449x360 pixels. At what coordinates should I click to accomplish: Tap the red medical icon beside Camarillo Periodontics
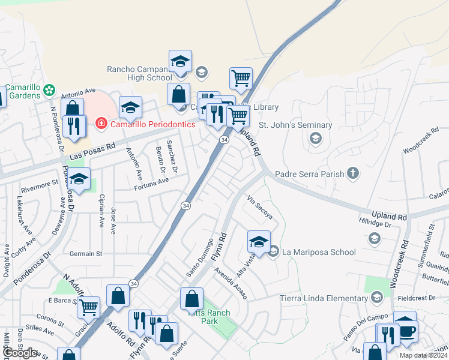coord(101,124)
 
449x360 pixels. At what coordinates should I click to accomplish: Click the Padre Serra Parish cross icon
coord(353,174)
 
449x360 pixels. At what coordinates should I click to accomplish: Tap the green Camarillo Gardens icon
coord(49,91)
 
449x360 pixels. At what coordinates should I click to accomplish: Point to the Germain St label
coord(86,254)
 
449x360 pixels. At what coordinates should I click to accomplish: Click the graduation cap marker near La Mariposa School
coord(259,242)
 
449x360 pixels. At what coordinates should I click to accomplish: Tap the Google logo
coord(20,353)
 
